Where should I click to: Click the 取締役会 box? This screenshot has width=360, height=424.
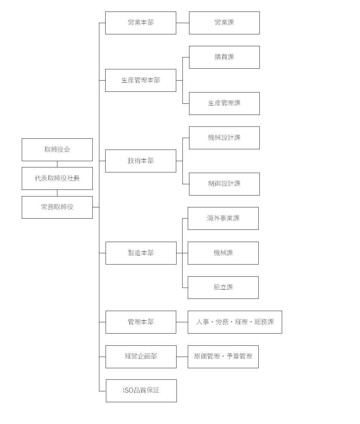[57, 150]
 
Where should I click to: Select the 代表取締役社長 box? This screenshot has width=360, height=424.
[57, 178]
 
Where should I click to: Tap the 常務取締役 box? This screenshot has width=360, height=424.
[57, 207]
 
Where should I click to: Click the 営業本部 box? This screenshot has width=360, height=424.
[141, 23]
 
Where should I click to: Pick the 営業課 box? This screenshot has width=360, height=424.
[224, 23]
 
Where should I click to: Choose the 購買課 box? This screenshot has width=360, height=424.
[224, 57]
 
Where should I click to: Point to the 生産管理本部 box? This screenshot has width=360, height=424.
[141, 81]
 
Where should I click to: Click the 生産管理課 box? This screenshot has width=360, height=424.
[224, 104]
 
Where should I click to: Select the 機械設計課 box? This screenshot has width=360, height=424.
[224, 138]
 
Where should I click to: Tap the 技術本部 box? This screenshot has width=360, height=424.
[141, 161]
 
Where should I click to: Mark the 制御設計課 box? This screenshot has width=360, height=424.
[224, 184]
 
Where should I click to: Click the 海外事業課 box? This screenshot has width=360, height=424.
[223, 219]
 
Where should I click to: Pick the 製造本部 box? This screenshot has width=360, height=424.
[141, 253]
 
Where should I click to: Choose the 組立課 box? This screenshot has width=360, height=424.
[223, 288]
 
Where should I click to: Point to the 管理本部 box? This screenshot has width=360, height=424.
[141, 322]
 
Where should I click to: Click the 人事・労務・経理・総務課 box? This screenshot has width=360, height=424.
[235, 322]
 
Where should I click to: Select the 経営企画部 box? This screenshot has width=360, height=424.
[141, 357]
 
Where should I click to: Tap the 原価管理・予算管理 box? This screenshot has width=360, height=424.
[223, 357]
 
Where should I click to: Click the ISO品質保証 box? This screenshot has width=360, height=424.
[141, 391]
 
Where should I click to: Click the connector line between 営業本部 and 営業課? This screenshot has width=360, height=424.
[183, 23]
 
